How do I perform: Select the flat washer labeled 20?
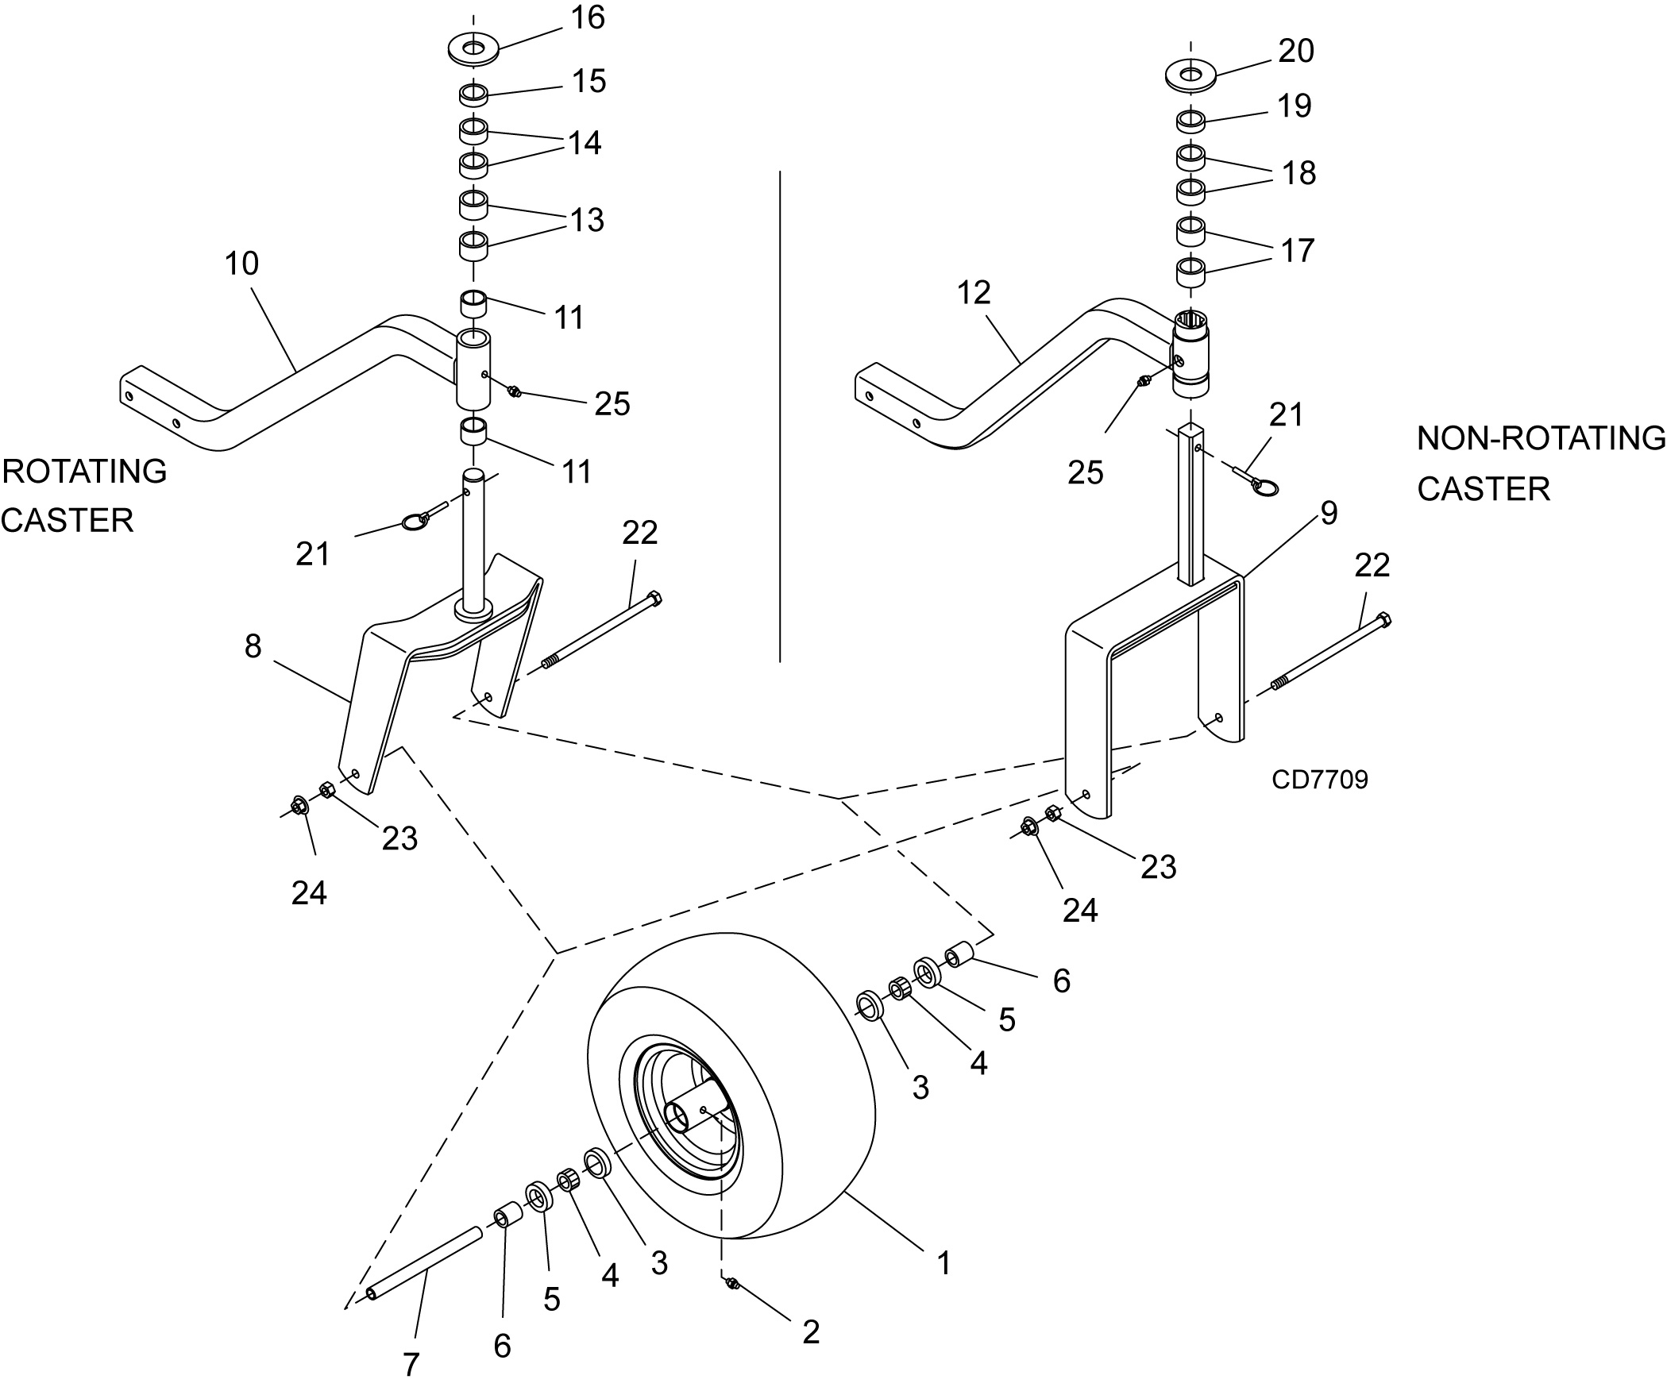[1190, 75]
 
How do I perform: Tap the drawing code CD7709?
[1320, 780]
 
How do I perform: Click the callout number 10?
[241, 264]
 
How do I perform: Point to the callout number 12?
[974, 293]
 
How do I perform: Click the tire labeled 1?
[731, 1091]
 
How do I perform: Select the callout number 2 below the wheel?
[811, 1331]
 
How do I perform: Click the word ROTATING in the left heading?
[85, 472]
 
